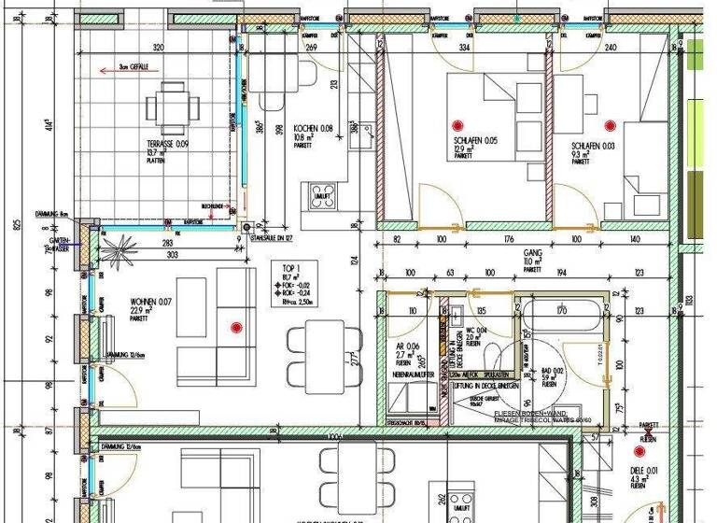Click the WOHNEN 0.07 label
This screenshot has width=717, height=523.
pyautogui.click(x=151, y=303)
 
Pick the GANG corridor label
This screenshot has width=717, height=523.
pyautogui.click(x=533, y=253)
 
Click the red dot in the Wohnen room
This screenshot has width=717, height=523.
pyautogui.click(x=235, y=327)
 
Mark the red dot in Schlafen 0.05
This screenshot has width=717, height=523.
pyautogui.click(x=457, y=124)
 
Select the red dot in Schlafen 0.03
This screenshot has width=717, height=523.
pyautogui.click(x=611, y=124)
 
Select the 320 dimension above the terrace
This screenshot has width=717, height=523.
pyautogui.click(x=158, y=48)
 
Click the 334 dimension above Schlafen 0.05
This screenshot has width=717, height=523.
pyautogui.click(x=464, y=48)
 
